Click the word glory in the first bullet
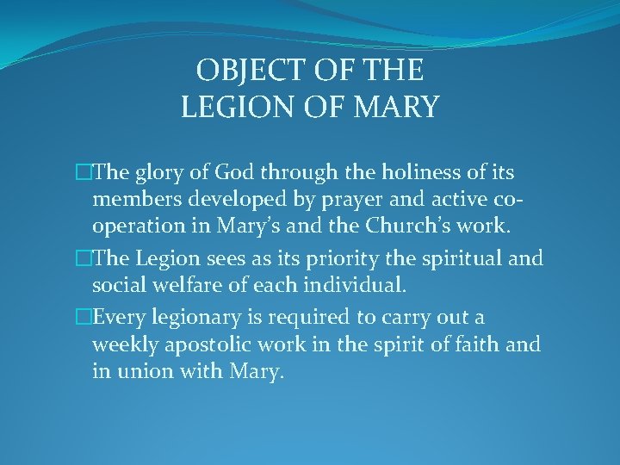(154, 174)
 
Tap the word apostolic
(207, 345)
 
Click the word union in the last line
(139, 372)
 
